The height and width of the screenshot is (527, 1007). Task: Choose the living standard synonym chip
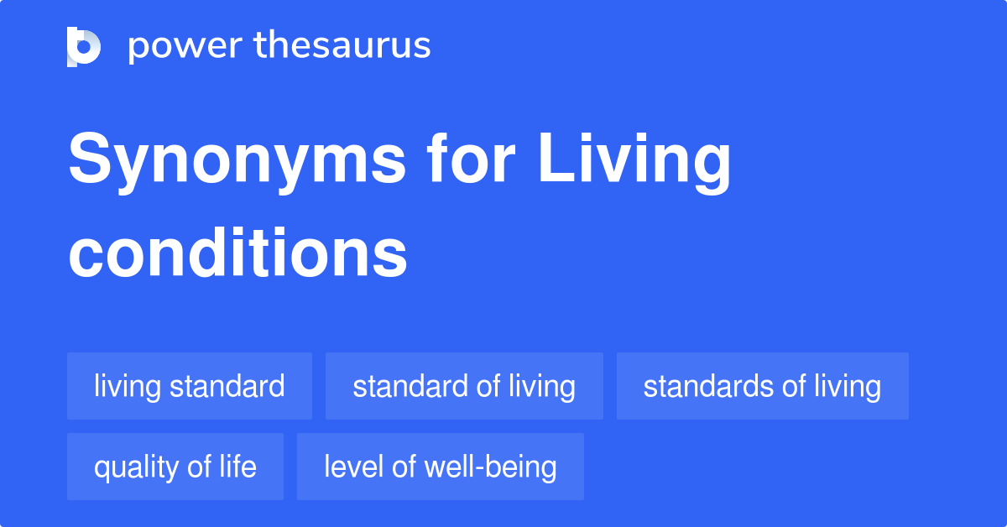click(x=190, y=386)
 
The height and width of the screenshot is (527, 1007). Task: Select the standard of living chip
click(x=464, y=386)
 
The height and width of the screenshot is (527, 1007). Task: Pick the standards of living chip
click(x=762, y=386)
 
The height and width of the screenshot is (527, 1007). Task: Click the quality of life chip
click(x=175, y=467)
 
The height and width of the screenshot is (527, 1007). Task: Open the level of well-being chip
click(x=441, y=467)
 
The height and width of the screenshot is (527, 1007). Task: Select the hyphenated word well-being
click(x=492, y=467)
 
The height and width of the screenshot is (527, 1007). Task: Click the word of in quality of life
click(x=192, y=467)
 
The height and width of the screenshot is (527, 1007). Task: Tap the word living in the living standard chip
click(x=128, y=386)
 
